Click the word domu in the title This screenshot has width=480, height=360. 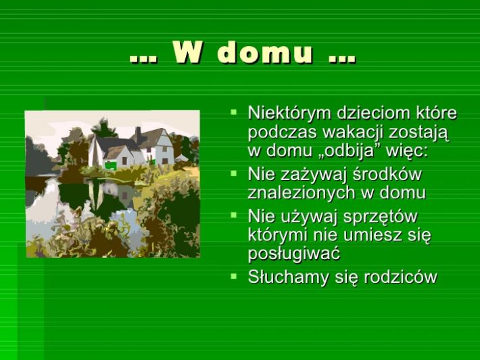click(266, 53)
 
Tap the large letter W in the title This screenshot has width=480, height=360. click(187, 53)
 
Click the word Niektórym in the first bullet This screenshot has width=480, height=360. click(289, 114)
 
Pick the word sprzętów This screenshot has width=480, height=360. click(380, 217)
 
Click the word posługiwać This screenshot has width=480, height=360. click(294, 254)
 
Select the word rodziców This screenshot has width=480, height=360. click(400, 277)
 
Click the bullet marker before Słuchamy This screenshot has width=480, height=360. click(234, 276)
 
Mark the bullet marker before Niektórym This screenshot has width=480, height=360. click(234, 112)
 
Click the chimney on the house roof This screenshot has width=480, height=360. click(139, 134)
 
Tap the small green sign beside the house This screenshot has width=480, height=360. click(110, 165)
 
